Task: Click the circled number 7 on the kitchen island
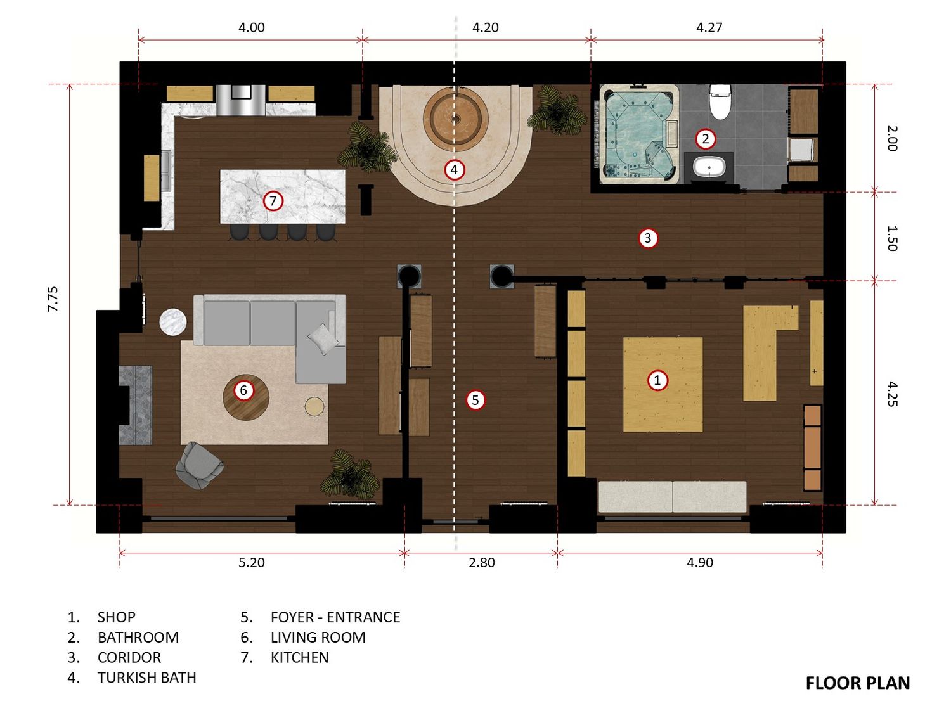tap(273, 201)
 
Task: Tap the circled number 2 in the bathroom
tap(706, 139)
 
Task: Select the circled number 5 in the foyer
tap(475, 400)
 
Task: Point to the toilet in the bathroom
tap(720, 101)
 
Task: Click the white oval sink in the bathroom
tap(709, 167)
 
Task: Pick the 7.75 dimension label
tap(53, 299)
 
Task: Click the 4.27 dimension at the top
tap(709, 28)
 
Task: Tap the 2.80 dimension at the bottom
tap(482, 562)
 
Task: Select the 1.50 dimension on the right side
tap(892, 238)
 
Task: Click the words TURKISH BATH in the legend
tap(147, 678)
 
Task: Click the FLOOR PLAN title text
tap(858, 683)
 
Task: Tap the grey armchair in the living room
tap(199, 465)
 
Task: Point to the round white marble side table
tap(173, 322)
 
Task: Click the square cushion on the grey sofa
tap(323, 339)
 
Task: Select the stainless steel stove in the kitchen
tap(241, 100)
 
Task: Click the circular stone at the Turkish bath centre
tap(456, 117)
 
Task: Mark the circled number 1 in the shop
tap(657, 380)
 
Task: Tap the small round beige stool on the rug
tap(314, 406)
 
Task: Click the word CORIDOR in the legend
tap(129, 658)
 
